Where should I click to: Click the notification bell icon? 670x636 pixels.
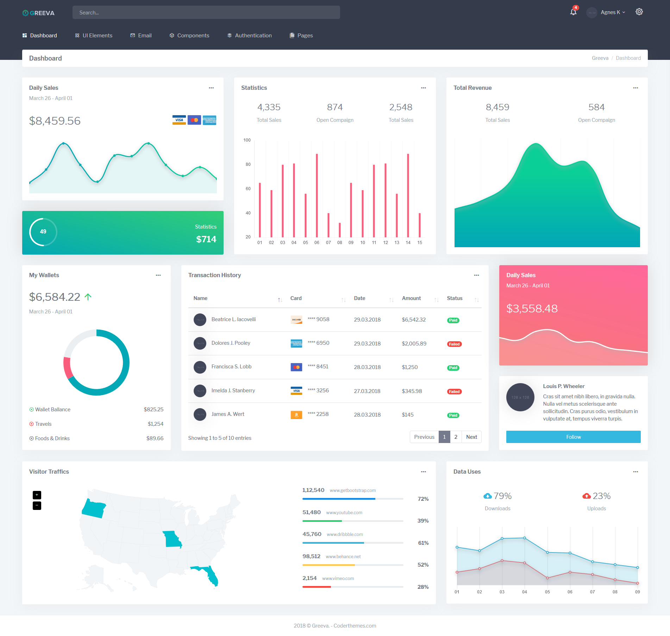click(573, 12)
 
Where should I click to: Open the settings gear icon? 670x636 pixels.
click(639, 12)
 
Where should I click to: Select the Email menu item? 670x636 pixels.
click(141, 36)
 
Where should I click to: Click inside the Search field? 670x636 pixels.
click(206, 12)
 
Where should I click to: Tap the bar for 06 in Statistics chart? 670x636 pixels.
click(317, 195)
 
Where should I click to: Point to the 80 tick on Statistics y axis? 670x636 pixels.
click(248, 164)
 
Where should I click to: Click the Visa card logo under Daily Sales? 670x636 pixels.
click(179, 120)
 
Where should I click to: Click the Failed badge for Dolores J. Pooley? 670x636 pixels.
click(454, 344)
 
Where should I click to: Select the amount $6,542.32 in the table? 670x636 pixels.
click(414, 320)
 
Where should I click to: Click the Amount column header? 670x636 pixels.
click(411, 298)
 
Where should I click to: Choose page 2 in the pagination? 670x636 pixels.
click(456, 437)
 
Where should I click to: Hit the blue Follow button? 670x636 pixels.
click(573, 437)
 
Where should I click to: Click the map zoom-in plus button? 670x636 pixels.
click(37, 495)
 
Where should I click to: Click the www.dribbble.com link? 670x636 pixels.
click(345, 535)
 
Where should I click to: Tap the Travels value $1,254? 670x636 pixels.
click(156, 424)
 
